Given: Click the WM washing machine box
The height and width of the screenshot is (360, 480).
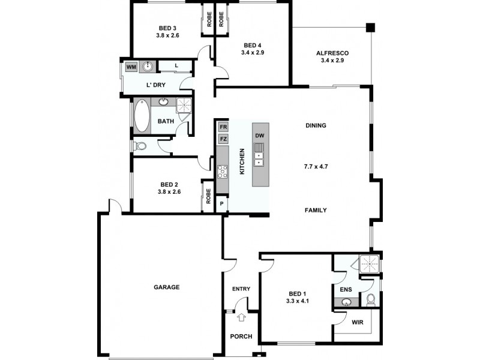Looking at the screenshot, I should click(x=131, y=67).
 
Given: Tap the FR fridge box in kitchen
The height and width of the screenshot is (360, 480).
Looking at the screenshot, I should click(x=223, y=127).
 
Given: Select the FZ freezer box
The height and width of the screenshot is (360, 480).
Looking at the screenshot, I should click(x=223, y=139).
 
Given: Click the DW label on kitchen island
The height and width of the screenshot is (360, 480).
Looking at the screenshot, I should click(x=260, y=136).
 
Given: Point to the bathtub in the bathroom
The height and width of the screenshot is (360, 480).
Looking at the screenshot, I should click(x=142, y=115).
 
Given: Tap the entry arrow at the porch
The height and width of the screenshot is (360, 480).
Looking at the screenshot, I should click(x=241, y=318).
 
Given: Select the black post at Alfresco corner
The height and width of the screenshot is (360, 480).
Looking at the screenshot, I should click(x=370, y=27).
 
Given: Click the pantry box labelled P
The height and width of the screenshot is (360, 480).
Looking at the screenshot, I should click(x=222, y=203).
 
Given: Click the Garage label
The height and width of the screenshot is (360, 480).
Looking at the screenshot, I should click(x=167, y=287).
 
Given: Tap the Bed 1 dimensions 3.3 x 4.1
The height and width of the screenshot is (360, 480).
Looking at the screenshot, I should click(x=297, y=301).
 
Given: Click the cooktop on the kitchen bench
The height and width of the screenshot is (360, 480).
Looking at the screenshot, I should click(x=223, y=172).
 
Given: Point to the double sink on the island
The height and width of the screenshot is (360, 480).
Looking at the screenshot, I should click(x=260, y=157).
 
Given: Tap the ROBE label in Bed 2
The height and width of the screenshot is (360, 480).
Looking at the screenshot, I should click(x=208, y=196).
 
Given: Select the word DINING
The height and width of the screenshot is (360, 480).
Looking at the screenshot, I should click(x=316, y=126).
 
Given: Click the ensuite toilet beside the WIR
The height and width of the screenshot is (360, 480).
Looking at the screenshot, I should click(x=370, y=299).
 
